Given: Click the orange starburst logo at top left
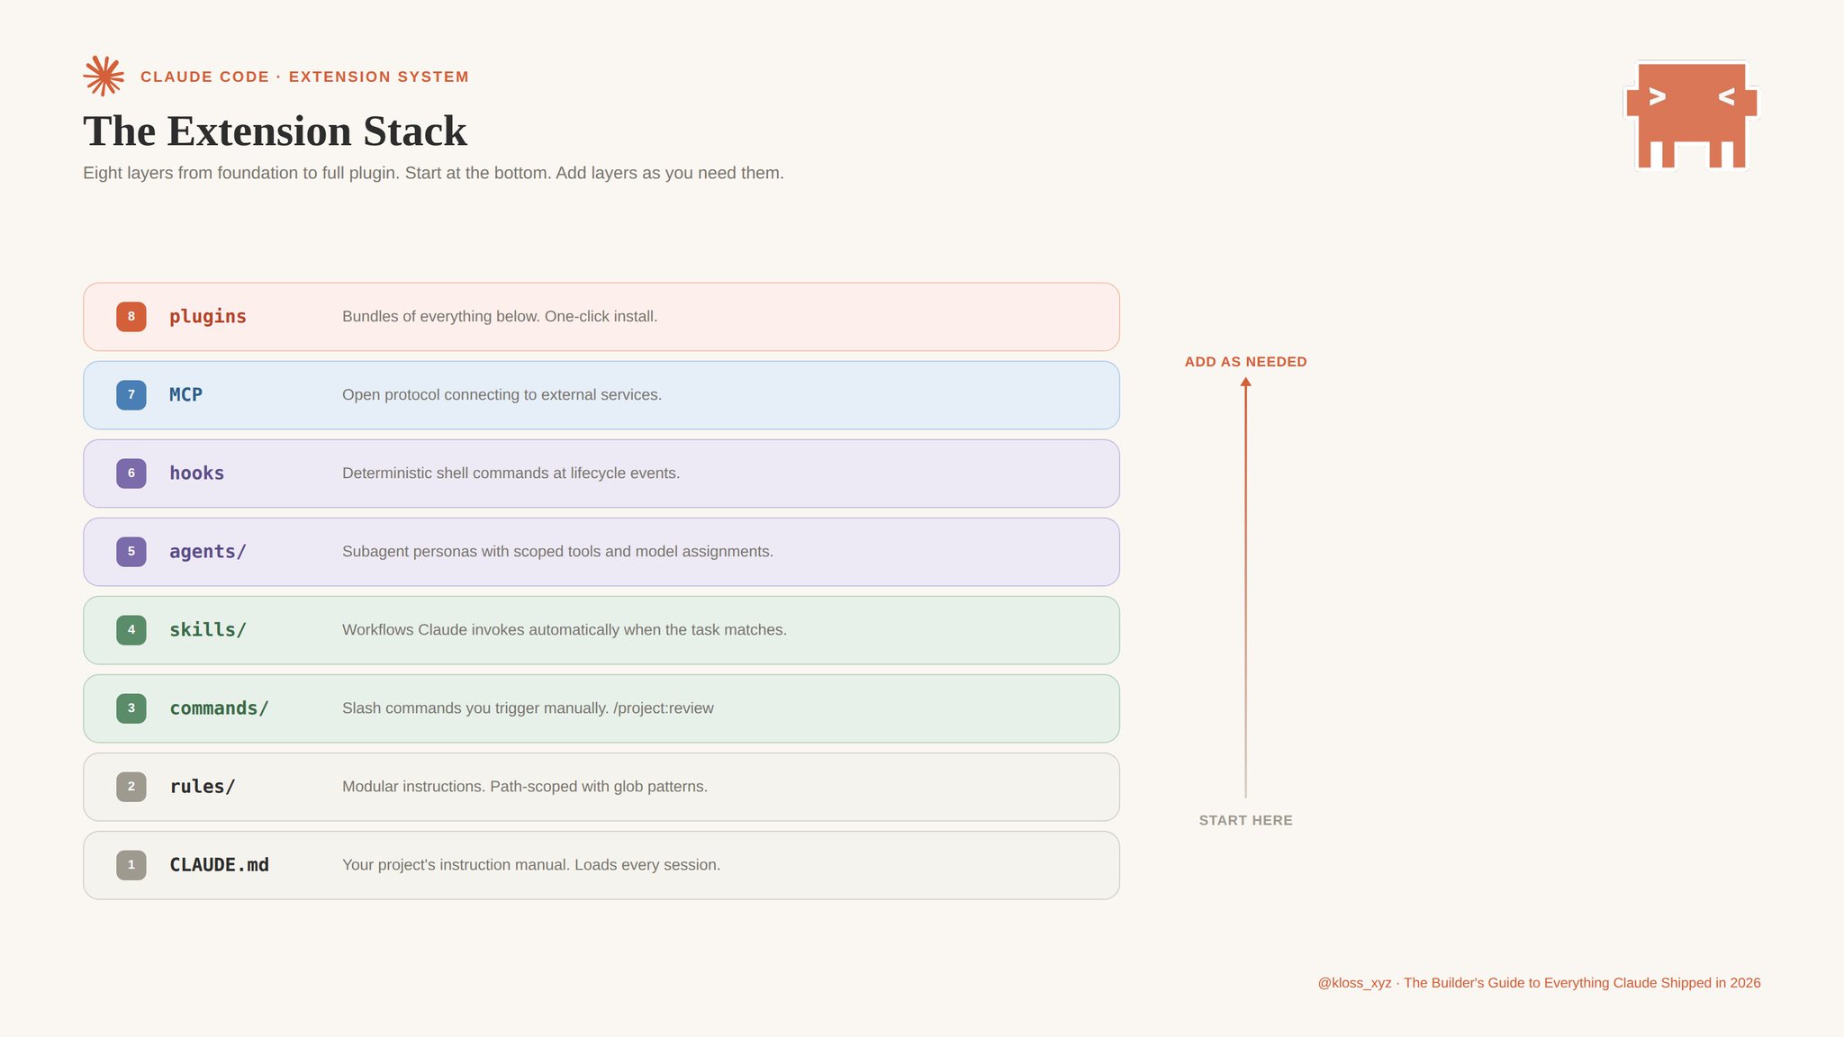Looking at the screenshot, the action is (104, 77).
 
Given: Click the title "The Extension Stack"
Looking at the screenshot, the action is (275, 131).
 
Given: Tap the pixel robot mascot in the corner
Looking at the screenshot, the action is (1692, 114).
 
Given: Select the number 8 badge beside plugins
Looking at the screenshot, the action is (131, 317).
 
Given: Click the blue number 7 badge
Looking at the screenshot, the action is (131, 395).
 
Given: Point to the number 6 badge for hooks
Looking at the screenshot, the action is (131, 473).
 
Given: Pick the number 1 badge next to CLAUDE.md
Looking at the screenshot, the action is (131, 865).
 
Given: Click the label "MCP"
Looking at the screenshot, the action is (186, 395).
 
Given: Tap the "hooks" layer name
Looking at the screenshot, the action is (197, 473).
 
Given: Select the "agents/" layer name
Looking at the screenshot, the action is (208, 552).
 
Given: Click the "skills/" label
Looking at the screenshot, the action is (208, 630).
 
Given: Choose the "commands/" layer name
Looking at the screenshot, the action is (219, 708).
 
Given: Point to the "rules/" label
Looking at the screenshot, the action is (203, 787).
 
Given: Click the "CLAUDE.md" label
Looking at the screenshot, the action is (220, 865).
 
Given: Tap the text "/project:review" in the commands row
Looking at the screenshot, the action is (664, 708).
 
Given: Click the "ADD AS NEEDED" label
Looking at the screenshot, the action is (1246, 362).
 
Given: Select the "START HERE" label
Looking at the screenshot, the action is (1246, 820).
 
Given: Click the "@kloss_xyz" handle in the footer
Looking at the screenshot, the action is (1354, 983).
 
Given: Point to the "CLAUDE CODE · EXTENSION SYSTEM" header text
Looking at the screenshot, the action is (304, 77).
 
